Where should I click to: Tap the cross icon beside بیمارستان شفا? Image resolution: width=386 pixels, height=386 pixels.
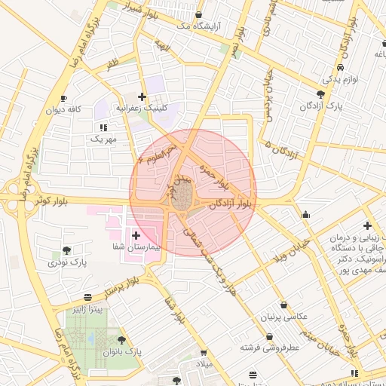(x=136, y=236)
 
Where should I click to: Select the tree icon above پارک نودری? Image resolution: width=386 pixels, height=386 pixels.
(x=67, y=251)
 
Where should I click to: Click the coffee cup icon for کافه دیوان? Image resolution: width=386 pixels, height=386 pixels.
(x=63, y=99)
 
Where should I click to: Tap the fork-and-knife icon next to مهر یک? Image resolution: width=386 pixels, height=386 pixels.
(x=103, y=127)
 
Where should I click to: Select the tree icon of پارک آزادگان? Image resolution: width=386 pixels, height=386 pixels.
(x=321, y=94)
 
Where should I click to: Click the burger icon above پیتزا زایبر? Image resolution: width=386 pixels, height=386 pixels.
(x=88, y=297)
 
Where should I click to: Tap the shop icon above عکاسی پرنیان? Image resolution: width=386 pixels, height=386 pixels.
(x=283, y=305)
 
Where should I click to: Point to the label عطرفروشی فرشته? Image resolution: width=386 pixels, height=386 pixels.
(x=270, y=348)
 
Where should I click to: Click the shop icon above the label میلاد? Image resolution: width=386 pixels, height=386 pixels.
(x=204, y=353)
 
